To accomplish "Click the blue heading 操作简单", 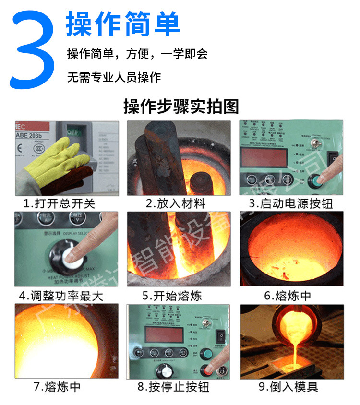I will [x=123, y=24].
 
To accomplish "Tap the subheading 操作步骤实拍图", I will [x=180, y=106].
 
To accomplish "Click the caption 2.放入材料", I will [x=176, y=203].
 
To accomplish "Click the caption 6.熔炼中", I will [x=288, y=296].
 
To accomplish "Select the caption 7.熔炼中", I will [x=57, y=386].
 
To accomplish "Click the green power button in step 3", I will [x=314, y=181].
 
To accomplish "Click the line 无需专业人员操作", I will [x=114, y=77].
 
